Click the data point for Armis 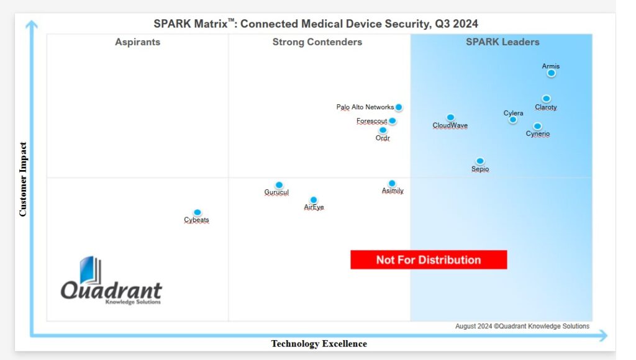[x=551, y=73]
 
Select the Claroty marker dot [x=546, y=99]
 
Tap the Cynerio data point [x=537, y=126]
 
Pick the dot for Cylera [x=513, y=120]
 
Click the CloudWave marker [x=450, y=117]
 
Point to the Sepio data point [x=480, y=161]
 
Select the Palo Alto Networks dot [x=399, y=107]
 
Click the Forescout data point [x=393, y=121]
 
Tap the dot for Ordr [x=383, y=130]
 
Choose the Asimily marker [x=392, y=184]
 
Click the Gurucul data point [x=279, y=185]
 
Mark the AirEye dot [x=314, y=200]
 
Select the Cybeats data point [x=198, y=212]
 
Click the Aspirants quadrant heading [x=137, y=42]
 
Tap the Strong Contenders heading [x=317, y=42]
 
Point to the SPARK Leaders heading [x=502, y=42]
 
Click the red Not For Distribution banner [x=429, y=260]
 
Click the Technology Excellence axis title [x=319, y=344]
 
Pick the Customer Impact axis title [x=23, y=179]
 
